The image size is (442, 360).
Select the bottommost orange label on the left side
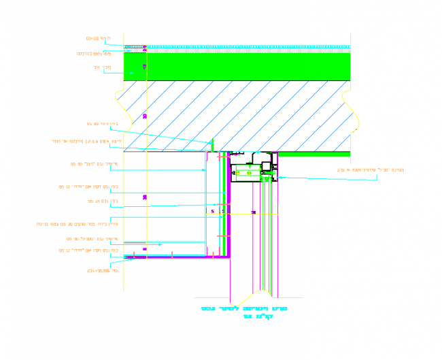[99, 269]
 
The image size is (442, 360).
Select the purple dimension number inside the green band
[144, 66]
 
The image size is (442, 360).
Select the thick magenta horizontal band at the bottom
[177, 257]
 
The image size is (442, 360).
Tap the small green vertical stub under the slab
[212, 145]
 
